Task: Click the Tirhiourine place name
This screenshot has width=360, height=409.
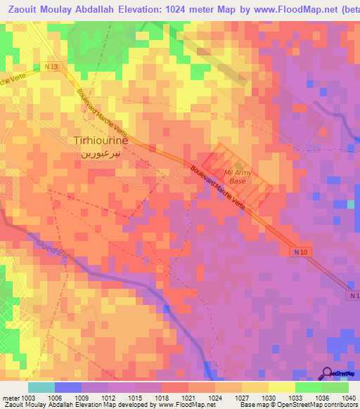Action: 101,140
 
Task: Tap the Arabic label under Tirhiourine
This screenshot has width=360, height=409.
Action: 101,152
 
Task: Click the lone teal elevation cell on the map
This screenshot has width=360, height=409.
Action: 351,204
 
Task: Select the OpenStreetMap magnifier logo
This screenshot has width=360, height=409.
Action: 327,373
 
